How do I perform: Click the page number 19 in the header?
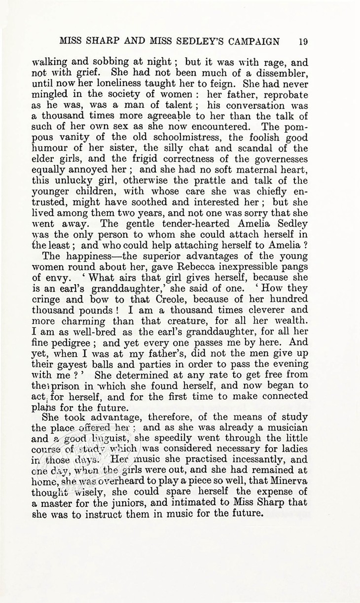[303, 41]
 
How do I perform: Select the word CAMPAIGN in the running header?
[251, 41]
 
